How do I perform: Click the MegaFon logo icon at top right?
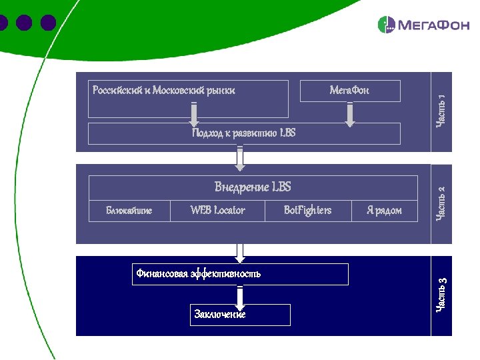(x=387, y=25)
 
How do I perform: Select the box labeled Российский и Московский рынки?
(x=189, y=99)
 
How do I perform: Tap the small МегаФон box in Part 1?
(x=350, y=91)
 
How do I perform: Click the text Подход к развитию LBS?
(x=243, y=133)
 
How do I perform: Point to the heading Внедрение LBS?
(x=253, y=187)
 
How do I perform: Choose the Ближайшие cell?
(x=129, y=211)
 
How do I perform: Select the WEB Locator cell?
(x=217, y=211)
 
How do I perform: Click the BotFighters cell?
(x=307, y=211)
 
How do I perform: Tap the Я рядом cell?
(x=384, y=211)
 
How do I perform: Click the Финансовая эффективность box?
(x=240, y=274)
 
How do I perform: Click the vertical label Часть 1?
(x=441, y=111)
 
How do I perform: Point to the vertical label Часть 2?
(x=441, y=203)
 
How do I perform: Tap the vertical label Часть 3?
(x=441, y=295)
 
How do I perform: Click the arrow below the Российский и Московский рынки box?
(x=194, y=115)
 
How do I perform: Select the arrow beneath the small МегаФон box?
(x=349, y=115)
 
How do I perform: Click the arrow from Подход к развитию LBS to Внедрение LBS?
(x=240, y=158)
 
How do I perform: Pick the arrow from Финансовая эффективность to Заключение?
(x=240, y=295)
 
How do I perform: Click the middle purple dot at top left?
(x=25, y=23)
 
